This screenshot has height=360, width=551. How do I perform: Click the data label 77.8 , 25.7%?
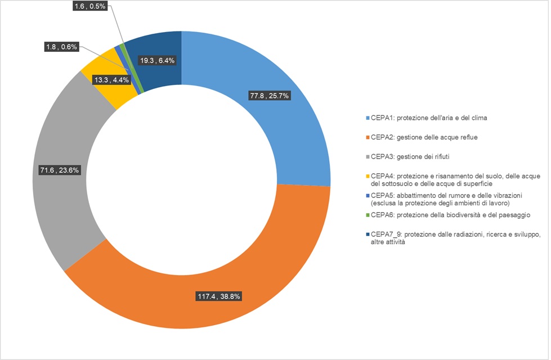point(269,96)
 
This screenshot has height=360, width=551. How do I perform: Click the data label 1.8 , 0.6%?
point(62,47)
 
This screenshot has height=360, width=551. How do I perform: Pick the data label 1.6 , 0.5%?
point(89,6)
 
